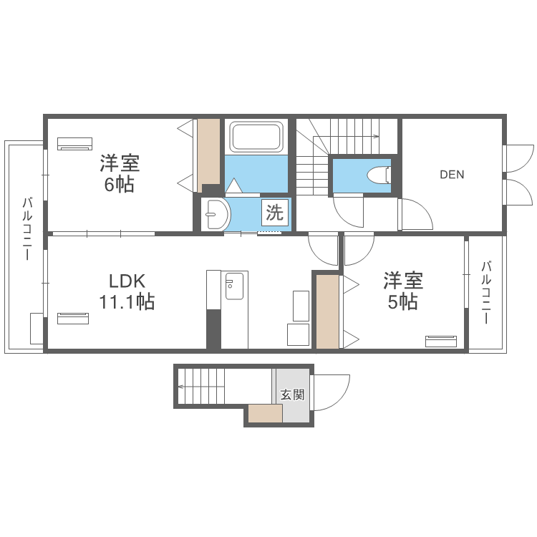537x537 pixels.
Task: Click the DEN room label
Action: point(452,174)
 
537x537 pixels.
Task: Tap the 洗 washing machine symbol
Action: point(275,213)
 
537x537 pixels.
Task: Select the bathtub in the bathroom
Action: point(256,136)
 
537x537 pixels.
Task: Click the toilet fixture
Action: point(377,175)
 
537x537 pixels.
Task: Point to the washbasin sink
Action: point(215,214)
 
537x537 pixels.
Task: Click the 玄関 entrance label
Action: point(292,395)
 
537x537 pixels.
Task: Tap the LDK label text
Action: point(127,281)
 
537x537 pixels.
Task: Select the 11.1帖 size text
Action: point(127,302)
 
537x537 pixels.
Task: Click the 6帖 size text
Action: point(119,184)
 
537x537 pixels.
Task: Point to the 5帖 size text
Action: point(402,302)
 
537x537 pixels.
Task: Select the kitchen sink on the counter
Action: point(234,286)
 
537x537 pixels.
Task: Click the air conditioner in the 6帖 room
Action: point(74,143)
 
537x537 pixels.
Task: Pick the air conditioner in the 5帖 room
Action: point(441,341)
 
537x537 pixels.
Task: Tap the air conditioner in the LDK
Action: point(73,318)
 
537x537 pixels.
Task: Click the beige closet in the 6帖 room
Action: point(208,155)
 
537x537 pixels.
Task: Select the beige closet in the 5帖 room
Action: point(327,311)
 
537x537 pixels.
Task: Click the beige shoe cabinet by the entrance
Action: point(266,413)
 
